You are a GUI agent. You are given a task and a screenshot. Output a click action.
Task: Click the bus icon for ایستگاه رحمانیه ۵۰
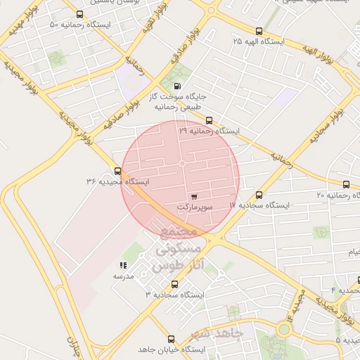click(x=79, y=14)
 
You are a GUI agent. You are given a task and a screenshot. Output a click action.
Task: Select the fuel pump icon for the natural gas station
click(x=176, y=85)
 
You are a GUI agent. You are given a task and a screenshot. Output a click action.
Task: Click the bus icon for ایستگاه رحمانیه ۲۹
click(x=209, y=120)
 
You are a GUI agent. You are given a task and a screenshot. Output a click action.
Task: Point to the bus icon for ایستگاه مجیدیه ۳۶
click(x=117, y=171)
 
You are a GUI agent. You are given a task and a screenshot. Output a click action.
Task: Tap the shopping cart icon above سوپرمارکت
click(x=193, y=196)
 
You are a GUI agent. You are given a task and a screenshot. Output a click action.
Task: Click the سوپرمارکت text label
click(x=193, y=207)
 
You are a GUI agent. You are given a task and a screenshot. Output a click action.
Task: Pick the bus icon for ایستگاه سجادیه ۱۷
click(x=259, y=195)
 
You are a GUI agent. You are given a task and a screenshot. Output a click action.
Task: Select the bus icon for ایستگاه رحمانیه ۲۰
click(x=345, y=184)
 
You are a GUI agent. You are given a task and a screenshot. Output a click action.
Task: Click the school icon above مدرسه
click(x=124, y=265)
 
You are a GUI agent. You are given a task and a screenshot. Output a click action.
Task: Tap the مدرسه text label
click(x=124, y=276)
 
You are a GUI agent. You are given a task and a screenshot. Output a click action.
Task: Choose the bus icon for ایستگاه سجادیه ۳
click(x=174, y=285)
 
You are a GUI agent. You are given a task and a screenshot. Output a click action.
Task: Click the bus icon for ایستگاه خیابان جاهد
click(x=170, y=339)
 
